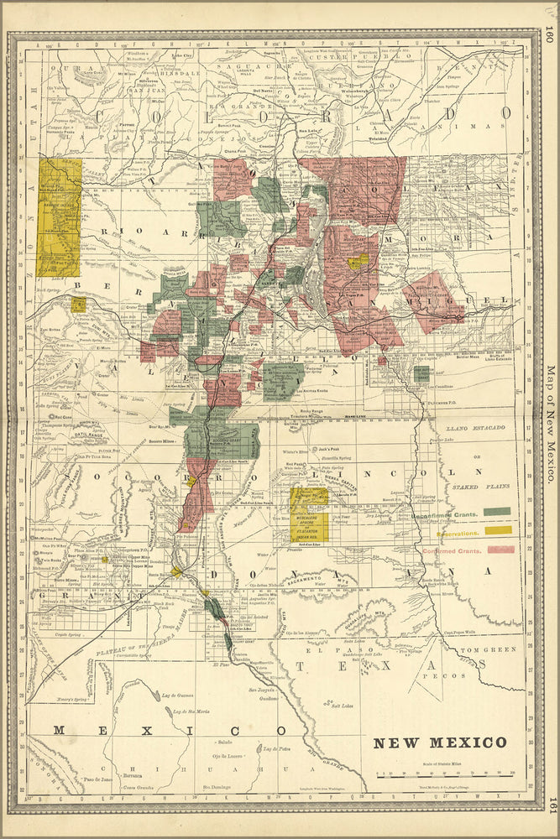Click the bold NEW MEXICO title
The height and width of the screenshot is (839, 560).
tap(440, 743)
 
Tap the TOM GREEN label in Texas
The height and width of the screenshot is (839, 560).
tap(500, 647)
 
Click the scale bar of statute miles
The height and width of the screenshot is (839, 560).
tap(445, 774)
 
